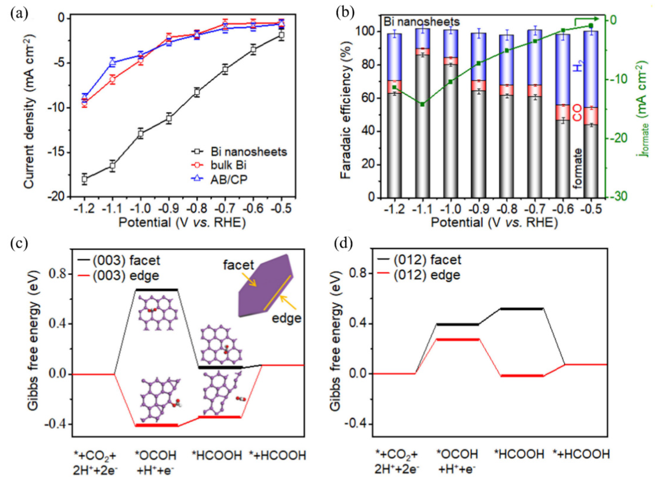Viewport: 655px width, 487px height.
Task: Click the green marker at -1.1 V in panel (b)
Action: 422,104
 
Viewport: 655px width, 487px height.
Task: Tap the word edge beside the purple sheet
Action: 286,318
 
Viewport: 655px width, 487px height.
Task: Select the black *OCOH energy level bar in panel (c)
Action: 157,290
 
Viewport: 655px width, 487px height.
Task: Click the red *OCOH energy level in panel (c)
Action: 157,425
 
